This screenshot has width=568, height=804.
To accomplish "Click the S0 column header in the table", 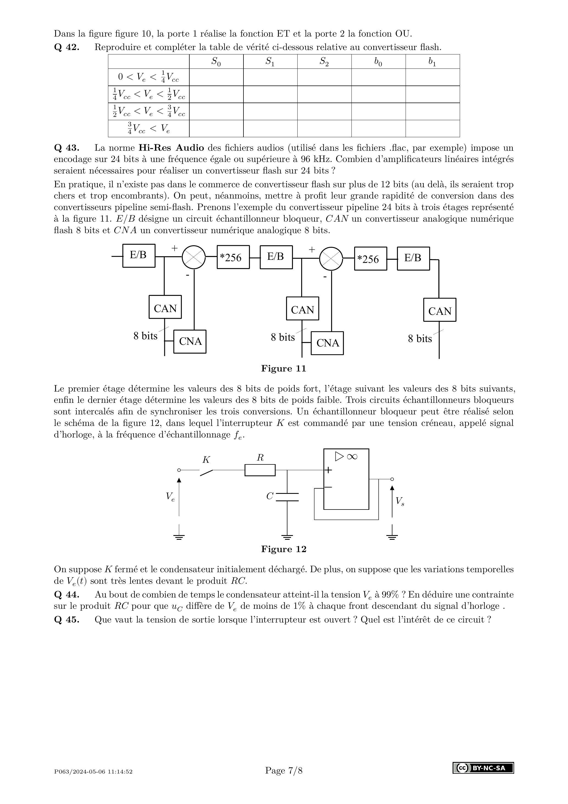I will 216,62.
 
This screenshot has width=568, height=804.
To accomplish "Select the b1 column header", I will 432,62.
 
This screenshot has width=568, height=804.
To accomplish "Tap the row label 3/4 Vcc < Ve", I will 148,128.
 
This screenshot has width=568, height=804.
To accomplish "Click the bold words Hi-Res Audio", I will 171,147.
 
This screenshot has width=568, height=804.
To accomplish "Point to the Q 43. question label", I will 67,147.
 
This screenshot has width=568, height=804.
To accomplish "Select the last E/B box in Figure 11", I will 413,258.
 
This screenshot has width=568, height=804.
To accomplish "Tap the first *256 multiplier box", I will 233,257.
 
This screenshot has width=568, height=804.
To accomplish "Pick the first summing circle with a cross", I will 193,257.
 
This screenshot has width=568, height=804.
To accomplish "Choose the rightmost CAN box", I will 440,310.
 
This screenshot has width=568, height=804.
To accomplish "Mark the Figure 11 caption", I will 284,368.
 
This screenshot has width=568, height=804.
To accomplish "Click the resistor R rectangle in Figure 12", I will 260,470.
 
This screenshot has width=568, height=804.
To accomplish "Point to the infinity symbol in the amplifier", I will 351,456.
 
